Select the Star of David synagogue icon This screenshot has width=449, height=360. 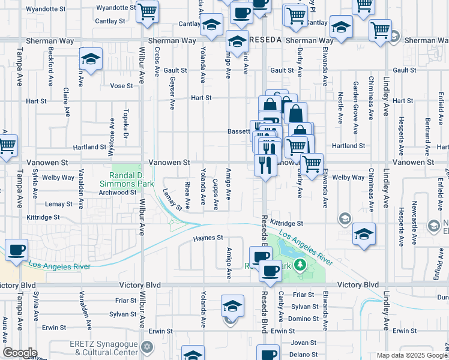pos(146,347)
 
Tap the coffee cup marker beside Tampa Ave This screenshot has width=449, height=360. pos(16,250)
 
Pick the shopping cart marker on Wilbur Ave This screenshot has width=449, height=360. pos(147,11)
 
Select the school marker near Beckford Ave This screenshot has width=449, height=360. pos(91,59)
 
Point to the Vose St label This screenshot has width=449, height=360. pos(121,86)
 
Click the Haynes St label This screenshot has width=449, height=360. pos(208,238)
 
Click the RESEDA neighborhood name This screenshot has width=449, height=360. pos(265,40)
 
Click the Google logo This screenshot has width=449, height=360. pos(20,353)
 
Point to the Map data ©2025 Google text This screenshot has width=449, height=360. pos(412,355)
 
